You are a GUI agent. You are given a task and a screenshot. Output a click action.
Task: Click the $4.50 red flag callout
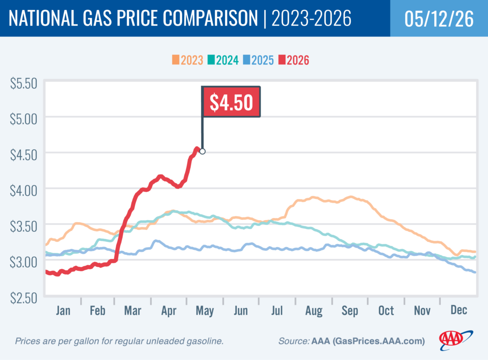231,102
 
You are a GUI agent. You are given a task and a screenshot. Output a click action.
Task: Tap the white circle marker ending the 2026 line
202,151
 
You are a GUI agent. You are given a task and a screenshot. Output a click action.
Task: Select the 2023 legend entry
187,60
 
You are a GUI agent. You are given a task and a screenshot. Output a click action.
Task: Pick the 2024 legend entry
223,60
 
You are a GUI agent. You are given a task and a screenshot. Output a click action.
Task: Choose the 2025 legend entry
258,60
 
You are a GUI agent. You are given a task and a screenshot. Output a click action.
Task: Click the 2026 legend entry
294,60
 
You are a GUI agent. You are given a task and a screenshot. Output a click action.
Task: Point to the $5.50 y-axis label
24,83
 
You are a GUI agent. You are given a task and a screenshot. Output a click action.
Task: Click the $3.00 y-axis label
24,262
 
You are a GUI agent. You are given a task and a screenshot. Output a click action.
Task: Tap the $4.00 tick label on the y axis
24,191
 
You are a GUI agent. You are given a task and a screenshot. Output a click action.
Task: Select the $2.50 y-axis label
24,298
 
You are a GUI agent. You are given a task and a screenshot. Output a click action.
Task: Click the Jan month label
63,310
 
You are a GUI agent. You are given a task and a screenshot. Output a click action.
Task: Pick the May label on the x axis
205,311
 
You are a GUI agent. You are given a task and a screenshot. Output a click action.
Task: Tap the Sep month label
350,311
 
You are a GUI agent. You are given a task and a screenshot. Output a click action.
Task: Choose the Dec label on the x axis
459,310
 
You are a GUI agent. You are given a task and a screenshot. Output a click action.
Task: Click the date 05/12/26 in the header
439,19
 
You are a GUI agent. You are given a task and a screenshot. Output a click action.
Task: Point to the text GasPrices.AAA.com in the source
378,341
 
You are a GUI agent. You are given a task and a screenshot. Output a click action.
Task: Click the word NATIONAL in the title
43,18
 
